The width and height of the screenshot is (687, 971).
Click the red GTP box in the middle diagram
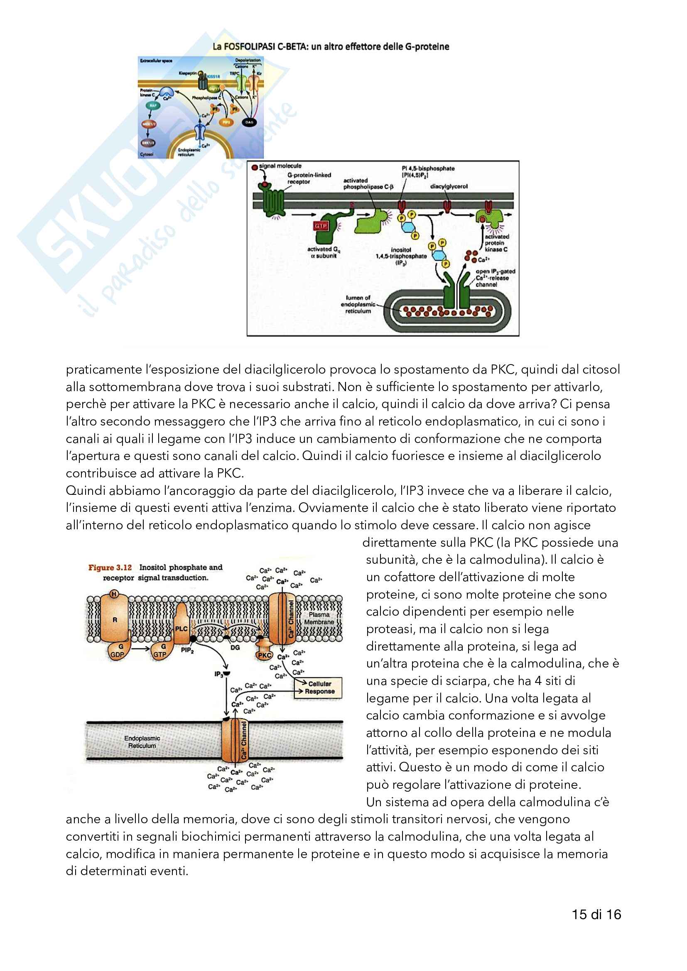321,226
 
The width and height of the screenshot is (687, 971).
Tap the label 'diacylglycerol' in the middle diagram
449,186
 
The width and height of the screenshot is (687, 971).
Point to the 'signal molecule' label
280,166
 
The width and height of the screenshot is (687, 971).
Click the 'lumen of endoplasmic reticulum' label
358,304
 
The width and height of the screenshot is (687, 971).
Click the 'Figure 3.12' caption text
110,567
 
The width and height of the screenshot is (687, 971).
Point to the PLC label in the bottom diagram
181,629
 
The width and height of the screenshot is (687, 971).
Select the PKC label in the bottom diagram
265,655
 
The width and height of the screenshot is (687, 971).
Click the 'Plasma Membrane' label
319,618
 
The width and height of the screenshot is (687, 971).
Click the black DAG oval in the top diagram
249,122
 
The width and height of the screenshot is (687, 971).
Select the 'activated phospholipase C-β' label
368,183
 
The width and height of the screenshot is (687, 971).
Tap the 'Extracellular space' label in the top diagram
156,61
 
